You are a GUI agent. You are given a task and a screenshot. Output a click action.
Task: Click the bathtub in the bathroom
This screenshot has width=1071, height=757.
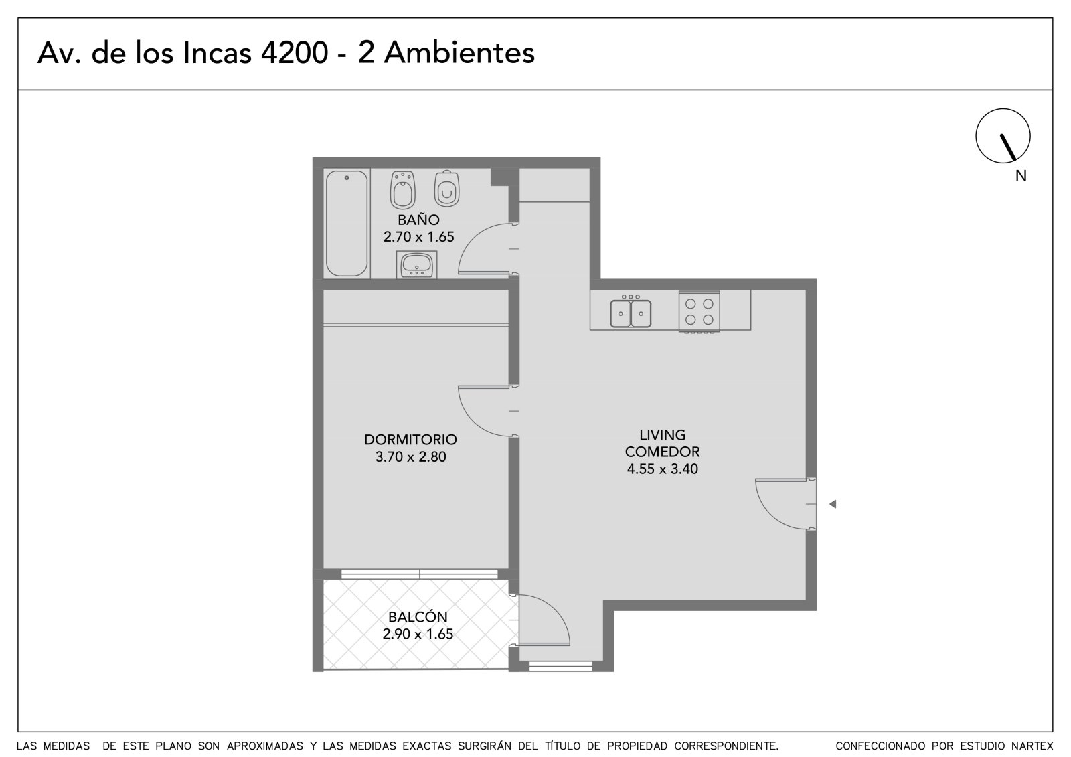click(347, 224)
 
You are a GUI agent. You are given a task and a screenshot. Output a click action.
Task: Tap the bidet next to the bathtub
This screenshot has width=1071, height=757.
click(402, 190)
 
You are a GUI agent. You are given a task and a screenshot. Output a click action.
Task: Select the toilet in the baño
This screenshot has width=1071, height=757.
click(446, 188)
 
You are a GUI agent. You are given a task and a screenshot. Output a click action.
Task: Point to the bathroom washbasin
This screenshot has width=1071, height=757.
click(416, 265)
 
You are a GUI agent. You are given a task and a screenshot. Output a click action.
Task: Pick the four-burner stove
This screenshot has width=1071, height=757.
click(699, 311)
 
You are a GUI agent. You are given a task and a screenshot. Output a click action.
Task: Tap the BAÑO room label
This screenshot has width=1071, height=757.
click(418, 220)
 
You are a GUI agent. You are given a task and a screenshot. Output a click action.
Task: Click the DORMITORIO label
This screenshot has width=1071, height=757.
click(410, 440)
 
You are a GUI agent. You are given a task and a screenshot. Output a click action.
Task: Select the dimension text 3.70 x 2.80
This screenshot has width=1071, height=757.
click(410, 456)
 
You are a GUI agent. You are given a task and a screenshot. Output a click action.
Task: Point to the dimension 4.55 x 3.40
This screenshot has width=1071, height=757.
click(662, 469)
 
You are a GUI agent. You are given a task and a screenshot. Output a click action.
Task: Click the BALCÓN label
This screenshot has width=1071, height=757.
click(418, 616)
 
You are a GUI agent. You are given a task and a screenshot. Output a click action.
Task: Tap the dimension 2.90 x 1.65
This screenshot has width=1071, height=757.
click(418, 634)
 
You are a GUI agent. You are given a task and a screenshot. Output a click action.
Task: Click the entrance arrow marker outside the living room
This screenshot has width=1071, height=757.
click(833, 503)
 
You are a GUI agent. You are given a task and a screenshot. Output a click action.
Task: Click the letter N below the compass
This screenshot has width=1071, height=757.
click(1021, 176)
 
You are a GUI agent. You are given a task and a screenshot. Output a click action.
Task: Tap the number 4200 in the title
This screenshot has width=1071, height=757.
click(295, 53)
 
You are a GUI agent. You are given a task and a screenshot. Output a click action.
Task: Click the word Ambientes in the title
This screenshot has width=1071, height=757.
click(459, 53)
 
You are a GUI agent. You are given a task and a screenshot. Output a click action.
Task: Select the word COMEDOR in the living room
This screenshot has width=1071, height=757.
click(662, 452)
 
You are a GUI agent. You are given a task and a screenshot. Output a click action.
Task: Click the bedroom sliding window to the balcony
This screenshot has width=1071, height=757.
click(419, 574)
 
